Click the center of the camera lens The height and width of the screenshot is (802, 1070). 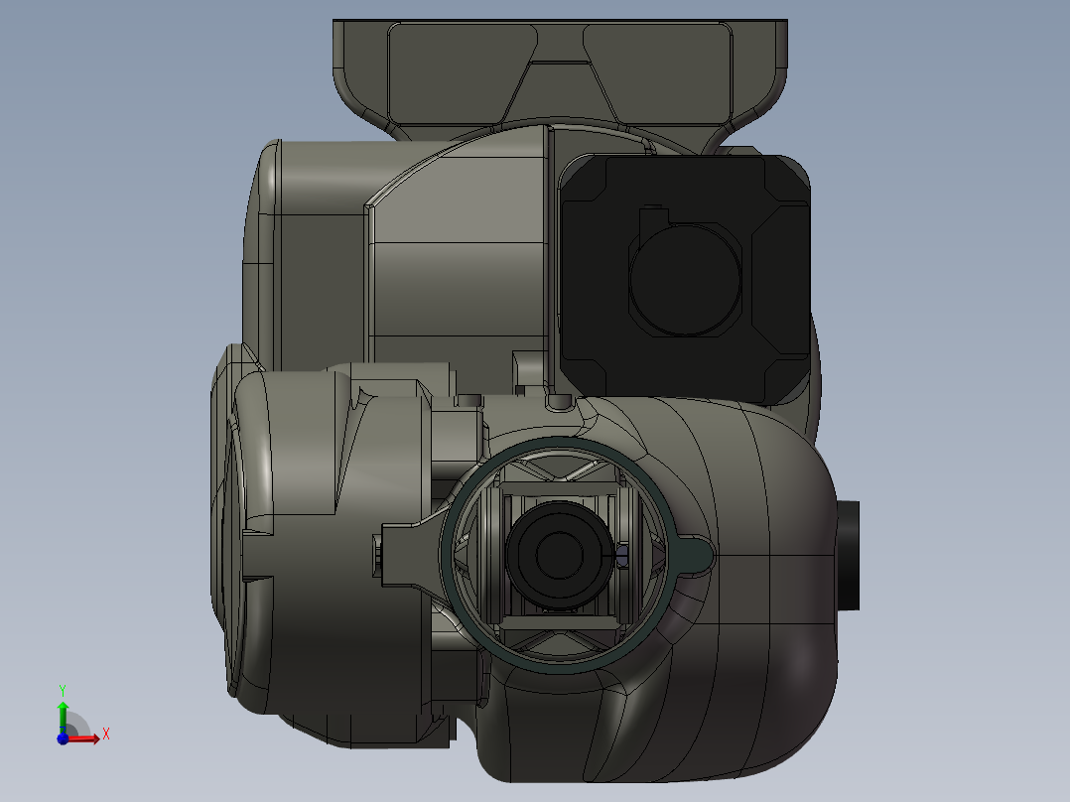coord(560,555)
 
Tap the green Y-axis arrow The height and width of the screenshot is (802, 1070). coord(63,716)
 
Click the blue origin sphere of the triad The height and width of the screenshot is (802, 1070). coord(63,738)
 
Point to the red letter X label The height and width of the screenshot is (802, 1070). coord(106,735)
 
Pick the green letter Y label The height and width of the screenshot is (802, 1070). coord(63,691)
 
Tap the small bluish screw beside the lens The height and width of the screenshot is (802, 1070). coord(622,555)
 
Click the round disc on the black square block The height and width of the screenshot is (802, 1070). coord(685,279)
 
